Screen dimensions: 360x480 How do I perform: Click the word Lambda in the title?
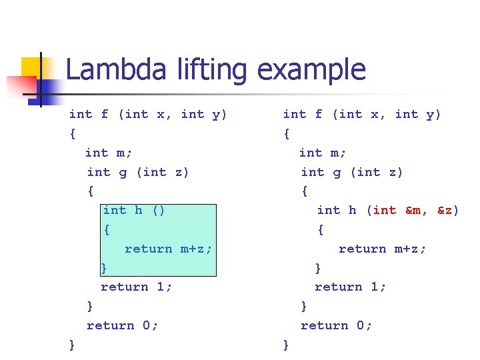pos(110,70)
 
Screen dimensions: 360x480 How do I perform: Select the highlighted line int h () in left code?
pos(134,210)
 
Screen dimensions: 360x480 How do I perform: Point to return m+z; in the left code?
pos(168,249)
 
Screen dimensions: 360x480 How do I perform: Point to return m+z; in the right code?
pos(382,249)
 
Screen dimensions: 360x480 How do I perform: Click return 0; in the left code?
pos(123,325)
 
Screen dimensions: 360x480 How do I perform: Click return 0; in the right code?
pos(337,325)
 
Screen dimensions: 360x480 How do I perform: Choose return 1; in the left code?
pos(137,287)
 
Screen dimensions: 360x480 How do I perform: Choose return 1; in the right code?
pos(351,287)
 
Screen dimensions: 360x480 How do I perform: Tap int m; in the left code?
pos(109,153)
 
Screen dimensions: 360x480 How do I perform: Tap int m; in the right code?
pos(323,153)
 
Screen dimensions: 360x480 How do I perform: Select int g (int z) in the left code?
pos(138,172)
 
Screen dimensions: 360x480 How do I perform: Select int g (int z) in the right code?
pos(352,172)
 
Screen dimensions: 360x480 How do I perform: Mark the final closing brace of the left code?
pos(72,345)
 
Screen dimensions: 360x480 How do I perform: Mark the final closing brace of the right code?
pos(286,345)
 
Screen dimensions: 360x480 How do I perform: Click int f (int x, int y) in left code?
pos(148,114)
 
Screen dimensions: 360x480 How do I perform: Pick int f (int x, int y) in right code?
pos(362,114)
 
